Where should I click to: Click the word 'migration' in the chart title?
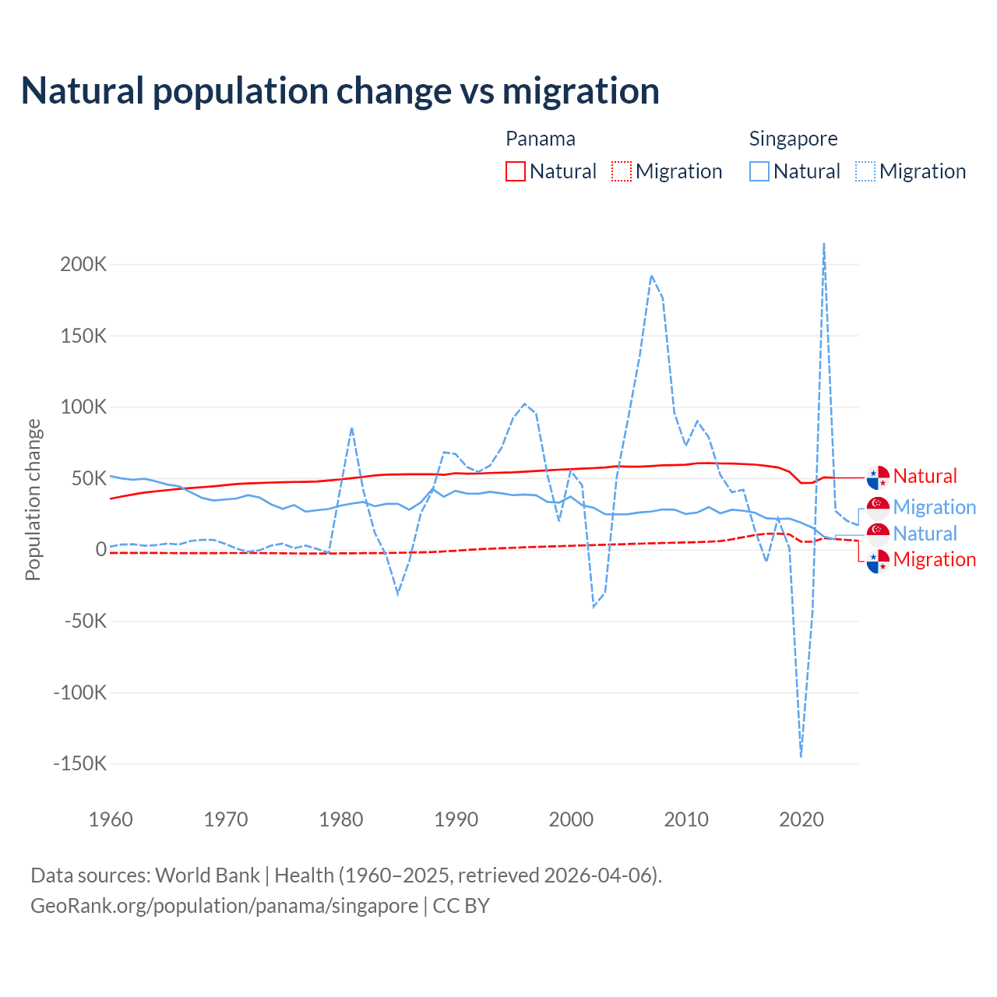click(580, 91)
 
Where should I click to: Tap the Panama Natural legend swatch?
click(515, 171)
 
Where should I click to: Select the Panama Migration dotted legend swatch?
click(621, 171)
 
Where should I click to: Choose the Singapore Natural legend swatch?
click(759, 171)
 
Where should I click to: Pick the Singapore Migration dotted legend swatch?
click(865, 171)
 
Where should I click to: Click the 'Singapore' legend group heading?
click(793, 139)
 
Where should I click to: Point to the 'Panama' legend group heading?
click(540, 139)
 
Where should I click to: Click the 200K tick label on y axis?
click(83, 264)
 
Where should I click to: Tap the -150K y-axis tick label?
click(79, 763)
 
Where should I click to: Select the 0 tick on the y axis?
click(100, 549)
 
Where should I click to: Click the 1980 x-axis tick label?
click(341, 819)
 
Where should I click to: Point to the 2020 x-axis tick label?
click(801, 819)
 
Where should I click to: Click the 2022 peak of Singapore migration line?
click(824, 245)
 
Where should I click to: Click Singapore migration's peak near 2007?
click(651, 276)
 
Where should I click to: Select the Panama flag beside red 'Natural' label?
click(878, 476)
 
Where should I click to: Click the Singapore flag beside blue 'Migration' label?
click(878, 507)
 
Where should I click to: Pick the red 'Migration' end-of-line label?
click(934, 559)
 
